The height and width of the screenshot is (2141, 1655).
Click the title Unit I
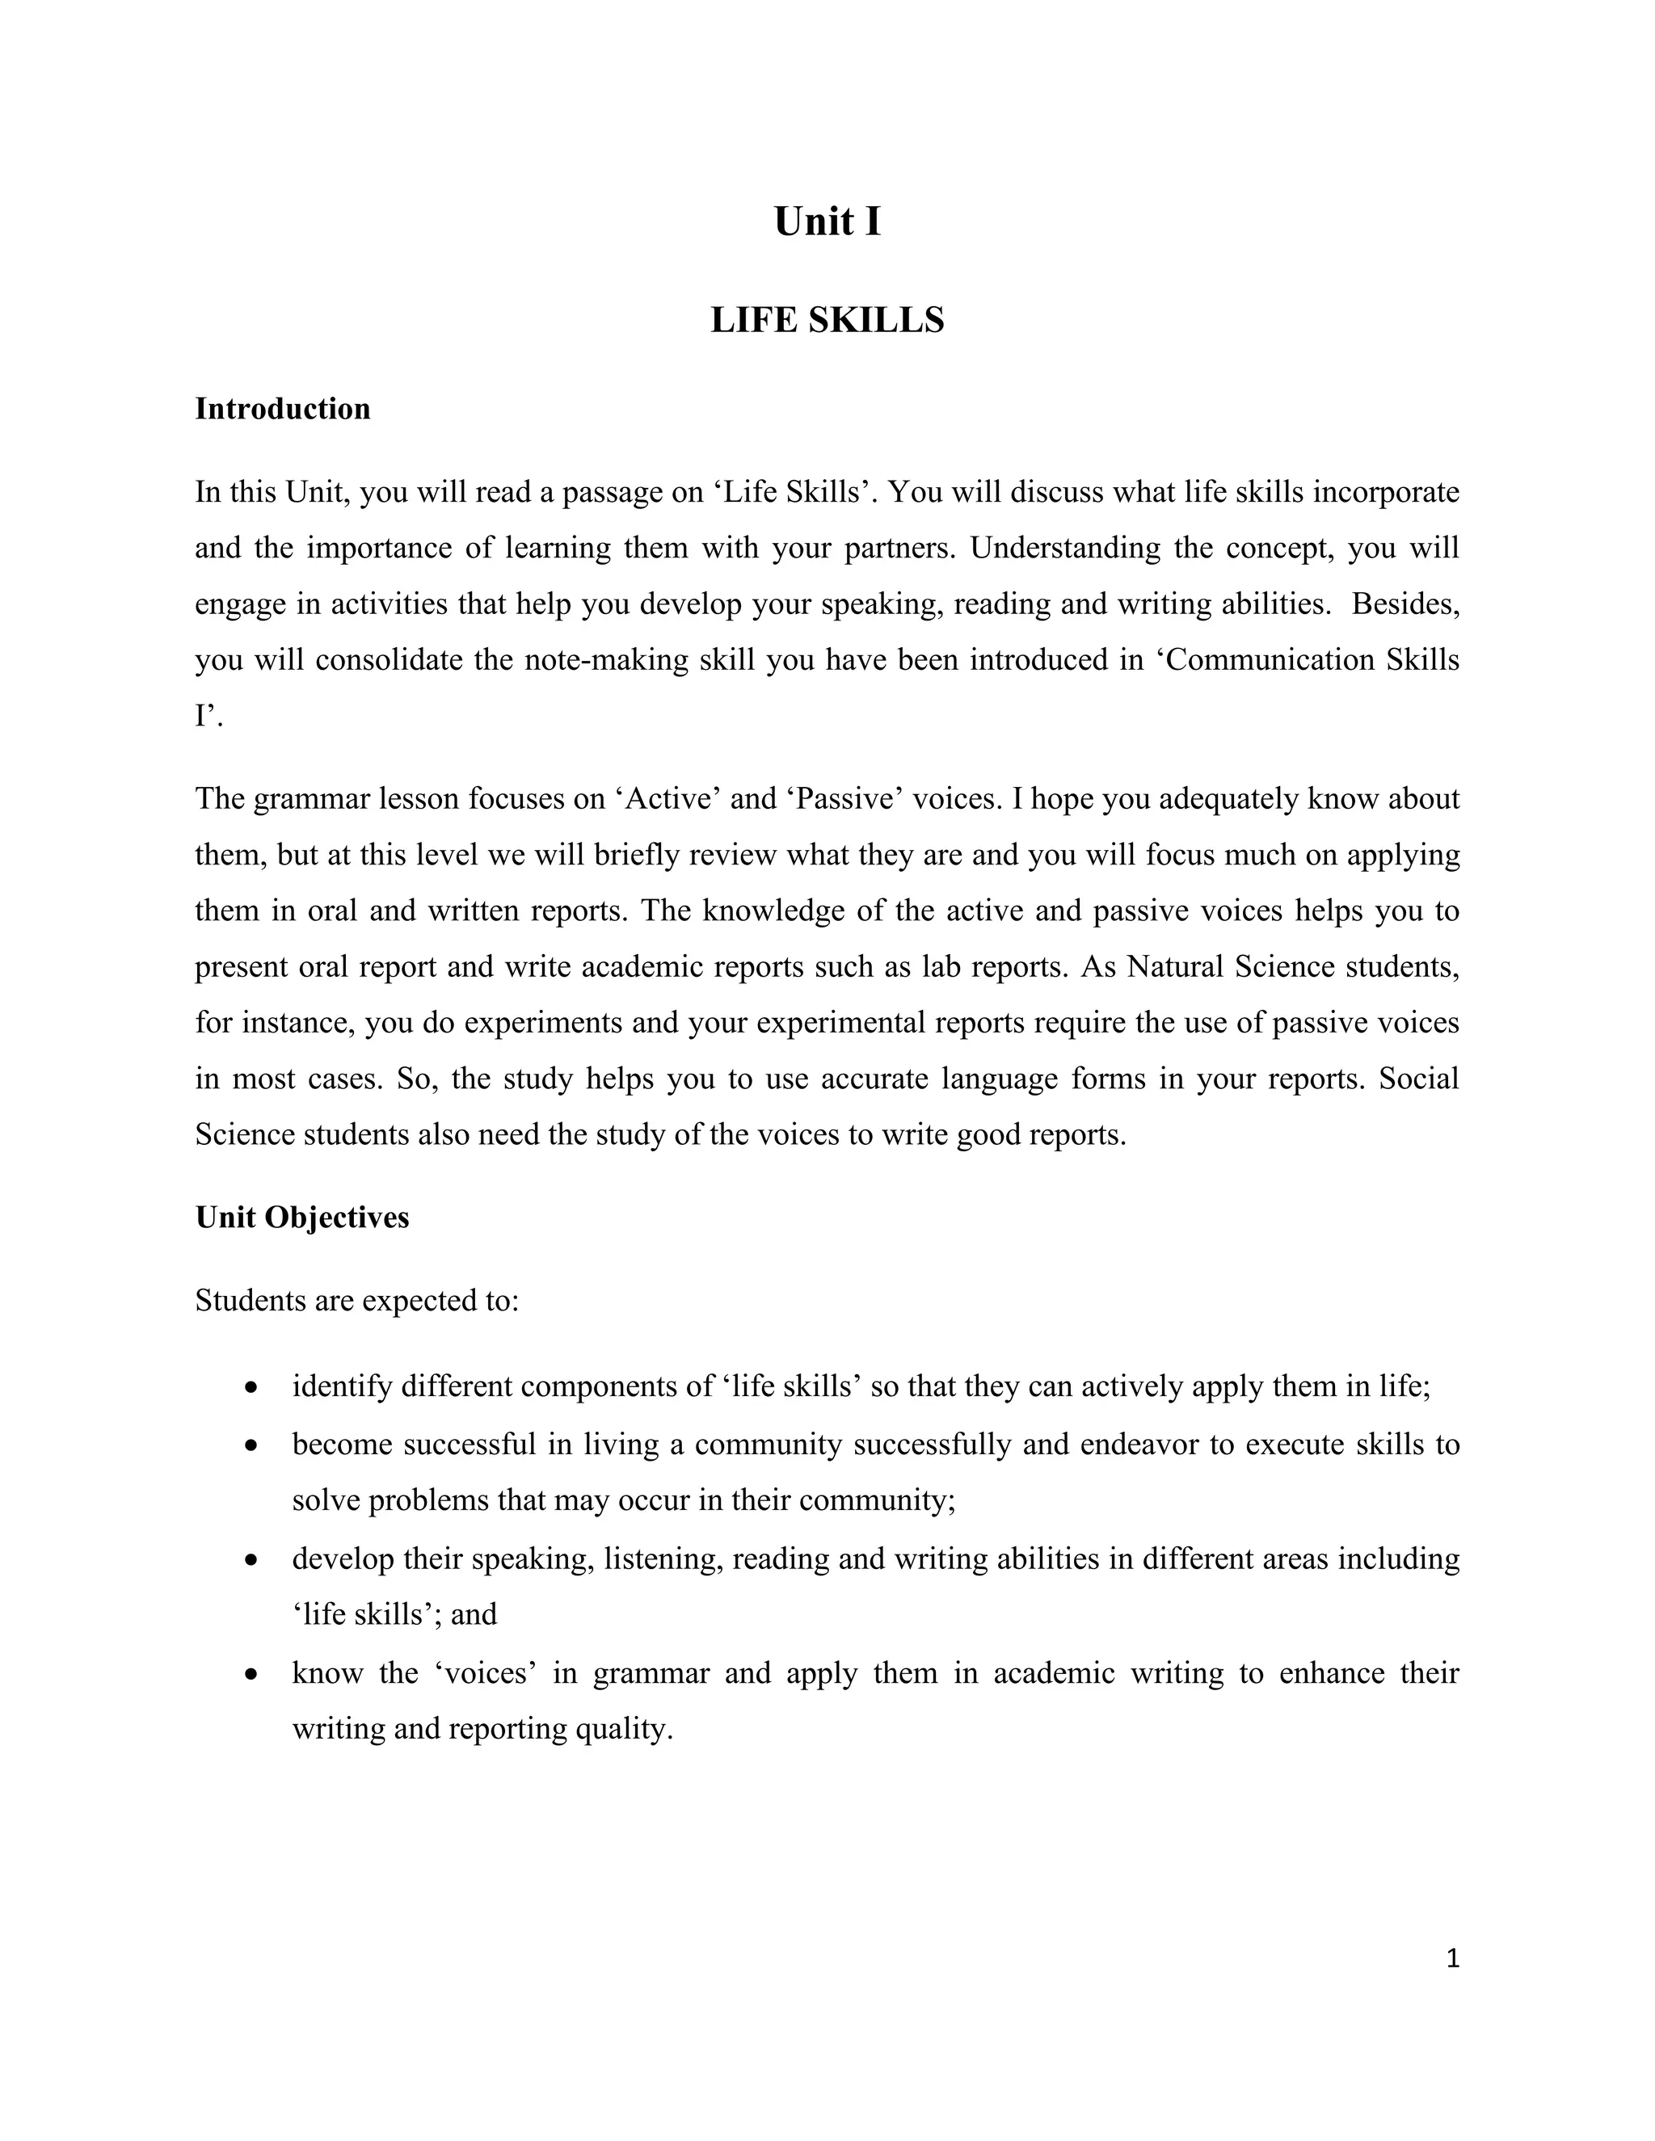tap(827, 221)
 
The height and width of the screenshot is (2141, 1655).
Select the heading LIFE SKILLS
tap(827, 321)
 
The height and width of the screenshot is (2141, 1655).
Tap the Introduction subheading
tap(282, 409)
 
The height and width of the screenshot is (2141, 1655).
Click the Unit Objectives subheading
tap(302, 1218)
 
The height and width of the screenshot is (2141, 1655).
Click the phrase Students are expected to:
tap(357, 1301)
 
